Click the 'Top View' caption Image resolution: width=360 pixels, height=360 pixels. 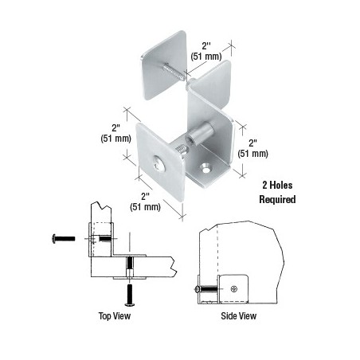coord(115,315)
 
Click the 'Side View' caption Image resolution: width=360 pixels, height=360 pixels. coord(238,315)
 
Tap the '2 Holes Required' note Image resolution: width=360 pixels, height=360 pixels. coord(277,192)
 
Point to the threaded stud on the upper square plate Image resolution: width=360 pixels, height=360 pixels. coord(174,71)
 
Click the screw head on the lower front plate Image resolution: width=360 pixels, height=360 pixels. coord(158,163)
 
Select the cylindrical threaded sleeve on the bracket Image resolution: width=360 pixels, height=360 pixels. coord(200,132)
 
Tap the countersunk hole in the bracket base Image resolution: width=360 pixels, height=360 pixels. coord(206,167)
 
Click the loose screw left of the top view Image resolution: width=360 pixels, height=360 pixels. coord(64,238)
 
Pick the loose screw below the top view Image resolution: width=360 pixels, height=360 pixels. coord(130,295)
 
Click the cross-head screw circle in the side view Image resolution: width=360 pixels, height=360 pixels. coord(234,288)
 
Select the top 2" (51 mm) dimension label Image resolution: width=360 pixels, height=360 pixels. coord(206,51)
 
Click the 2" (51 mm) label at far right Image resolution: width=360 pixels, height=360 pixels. coord(252,148)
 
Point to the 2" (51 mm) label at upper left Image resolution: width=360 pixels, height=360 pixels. coord(115,133)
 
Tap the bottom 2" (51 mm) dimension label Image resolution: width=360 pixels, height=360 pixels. coord(145,202)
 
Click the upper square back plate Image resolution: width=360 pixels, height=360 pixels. coord(164,65)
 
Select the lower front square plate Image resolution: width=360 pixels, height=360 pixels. coord(160,162)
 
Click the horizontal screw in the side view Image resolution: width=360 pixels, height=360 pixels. coord(206,289)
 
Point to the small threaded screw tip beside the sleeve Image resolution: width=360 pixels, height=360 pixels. coord(182,151)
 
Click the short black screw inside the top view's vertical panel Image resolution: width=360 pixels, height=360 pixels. coord(104,238)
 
